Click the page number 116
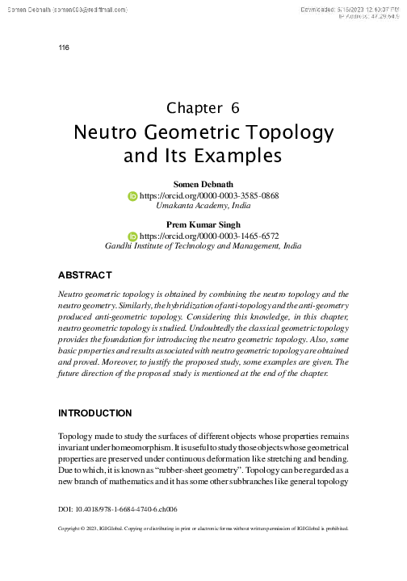pos(65,48)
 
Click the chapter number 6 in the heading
pos(235,107)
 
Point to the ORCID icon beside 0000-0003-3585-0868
pos(133,195)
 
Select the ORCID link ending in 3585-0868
pos(209,195)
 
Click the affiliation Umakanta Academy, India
pos(203,206)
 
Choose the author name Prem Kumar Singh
pos(203,224)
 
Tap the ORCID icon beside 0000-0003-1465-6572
pos(133,236)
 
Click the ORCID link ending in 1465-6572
pos(209,236)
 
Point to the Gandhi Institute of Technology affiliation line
pos(203,246)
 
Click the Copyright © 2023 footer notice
pos(203,530)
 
